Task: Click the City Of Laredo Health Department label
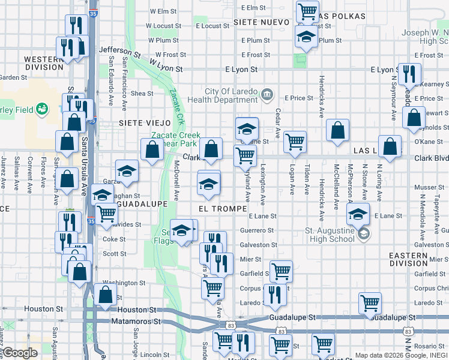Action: [x=231, y=95]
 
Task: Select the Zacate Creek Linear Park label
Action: [x=175, y=140]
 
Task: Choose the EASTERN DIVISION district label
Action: [x=409, y=259]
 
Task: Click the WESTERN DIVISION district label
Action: [x=44, y=63]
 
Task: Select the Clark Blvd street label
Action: [x=431, y=158]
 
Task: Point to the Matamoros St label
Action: [x=136, y=322]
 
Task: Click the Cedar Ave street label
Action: [x=278, y=124]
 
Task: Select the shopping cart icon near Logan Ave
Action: [x=295, y=142]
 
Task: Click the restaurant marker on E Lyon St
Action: [x=409, y=74]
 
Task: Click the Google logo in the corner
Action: [x=20, y=353]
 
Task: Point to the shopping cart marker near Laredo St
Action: [x=370, y=303]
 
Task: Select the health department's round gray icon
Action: [x=268, y=94]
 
